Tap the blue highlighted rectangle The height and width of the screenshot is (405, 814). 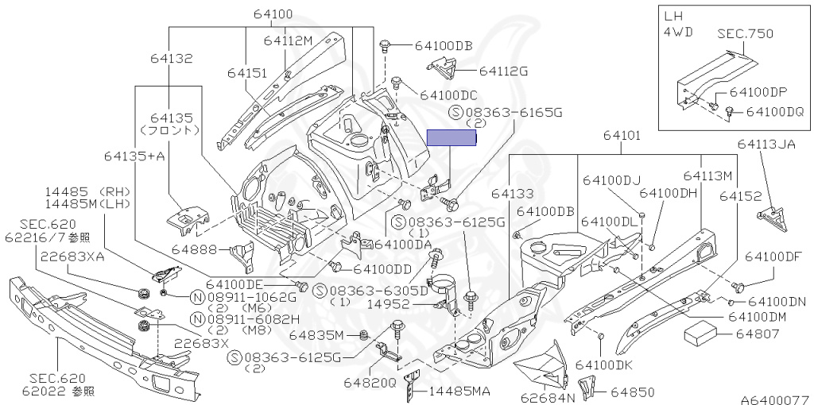(452, 138)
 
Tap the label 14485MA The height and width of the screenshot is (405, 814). (459, 391)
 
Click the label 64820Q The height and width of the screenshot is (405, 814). (370, 383)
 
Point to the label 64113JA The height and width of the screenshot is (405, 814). (766, 144)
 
